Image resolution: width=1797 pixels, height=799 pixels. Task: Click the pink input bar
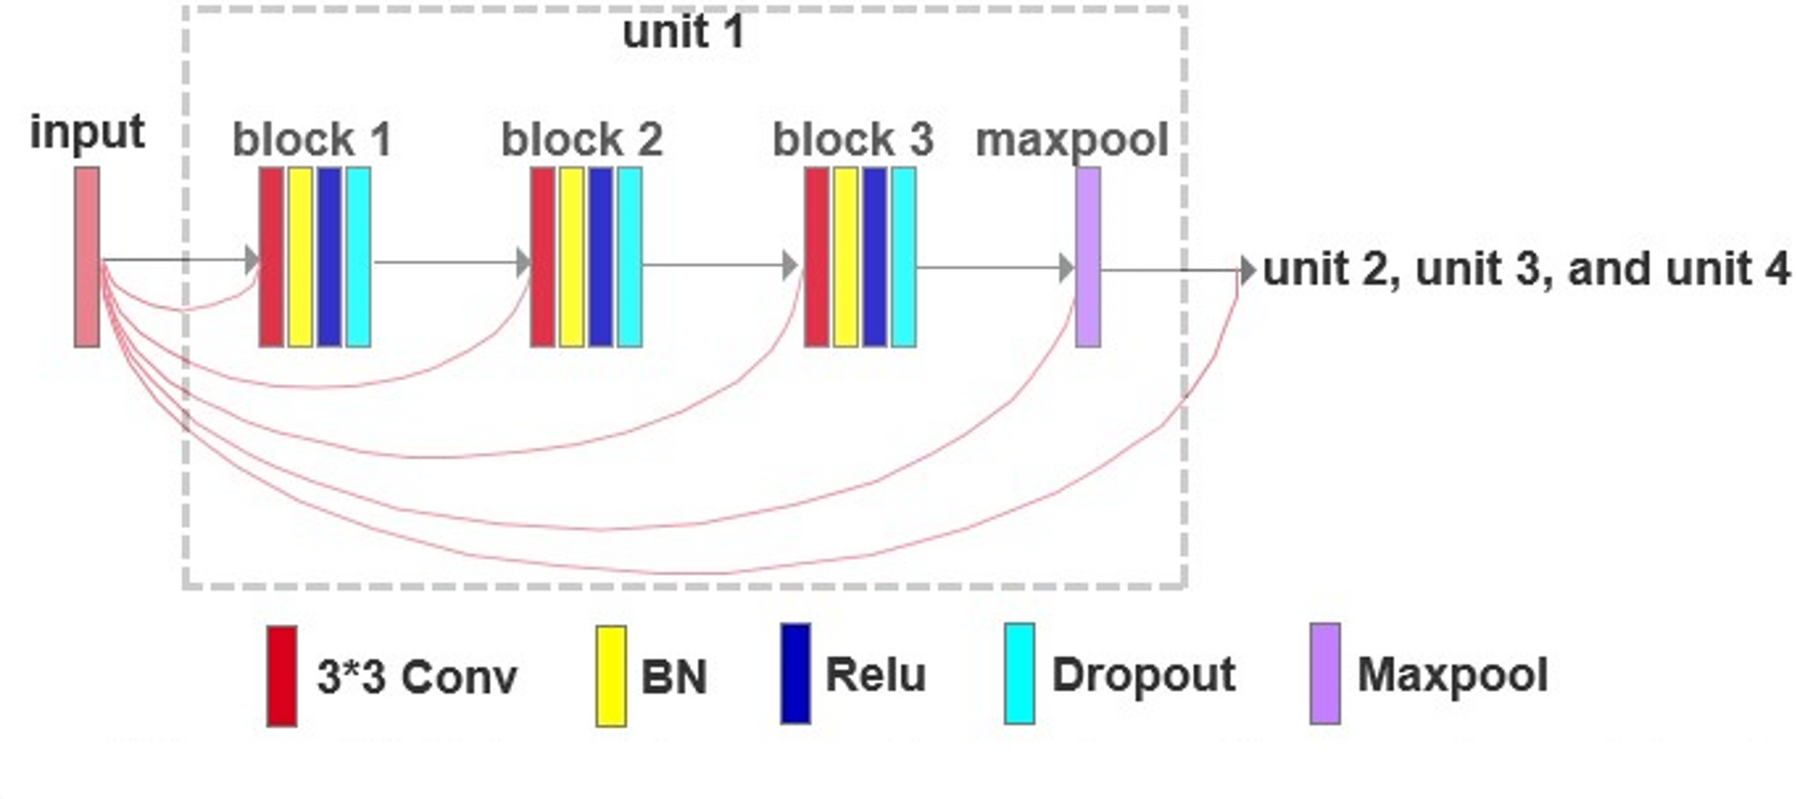[87, 257]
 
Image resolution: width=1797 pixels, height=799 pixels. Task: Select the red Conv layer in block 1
[271, 257]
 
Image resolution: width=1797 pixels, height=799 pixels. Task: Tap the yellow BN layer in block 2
[571, 257]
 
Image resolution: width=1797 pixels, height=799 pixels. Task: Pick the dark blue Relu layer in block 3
[874, 257]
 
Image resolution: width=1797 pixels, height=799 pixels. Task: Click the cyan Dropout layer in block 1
[358, 257]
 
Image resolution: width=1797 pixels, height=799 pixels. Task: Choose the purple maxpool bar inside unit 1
[1087, 257]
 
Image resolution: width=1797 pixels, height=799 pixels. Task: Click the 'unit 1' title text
[683, 32]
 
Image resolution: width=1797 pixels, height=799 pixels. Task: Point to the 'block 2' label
[582, 140]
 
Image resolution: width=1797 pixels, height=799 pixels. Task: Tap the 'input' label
[87, 132]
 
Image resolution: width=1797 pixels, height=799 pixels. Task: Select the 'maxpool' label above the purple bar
[1071, 140]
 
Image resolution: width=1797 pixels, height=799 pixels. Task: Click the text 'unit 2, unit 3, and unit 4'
[1526, 269]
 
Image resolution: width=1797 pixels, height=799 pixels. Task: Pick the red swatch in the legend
[282, 676]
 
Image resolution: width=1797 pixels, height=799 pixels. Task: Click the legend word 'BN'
[674, 676]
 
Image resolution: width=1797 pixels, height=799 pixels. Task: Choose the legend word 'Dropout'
[1143, 674]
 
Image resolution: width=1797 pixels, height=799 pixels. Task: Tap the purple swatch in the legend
[1324, 673]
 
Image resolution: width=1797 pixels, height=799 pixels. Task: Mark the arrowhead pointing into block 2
[524, 263]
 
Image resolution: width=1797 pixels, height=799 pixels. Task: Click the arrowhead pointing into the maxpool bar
[1066, 268]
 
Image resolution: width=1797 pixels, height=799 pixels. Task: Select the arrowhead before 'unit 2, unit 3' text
[1248, 269]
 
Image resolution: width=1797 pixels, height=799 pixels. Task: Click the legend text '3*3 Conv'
[417, 676]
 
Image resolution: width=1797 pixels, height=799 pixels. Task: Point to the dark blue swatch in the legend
[795, 673]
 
